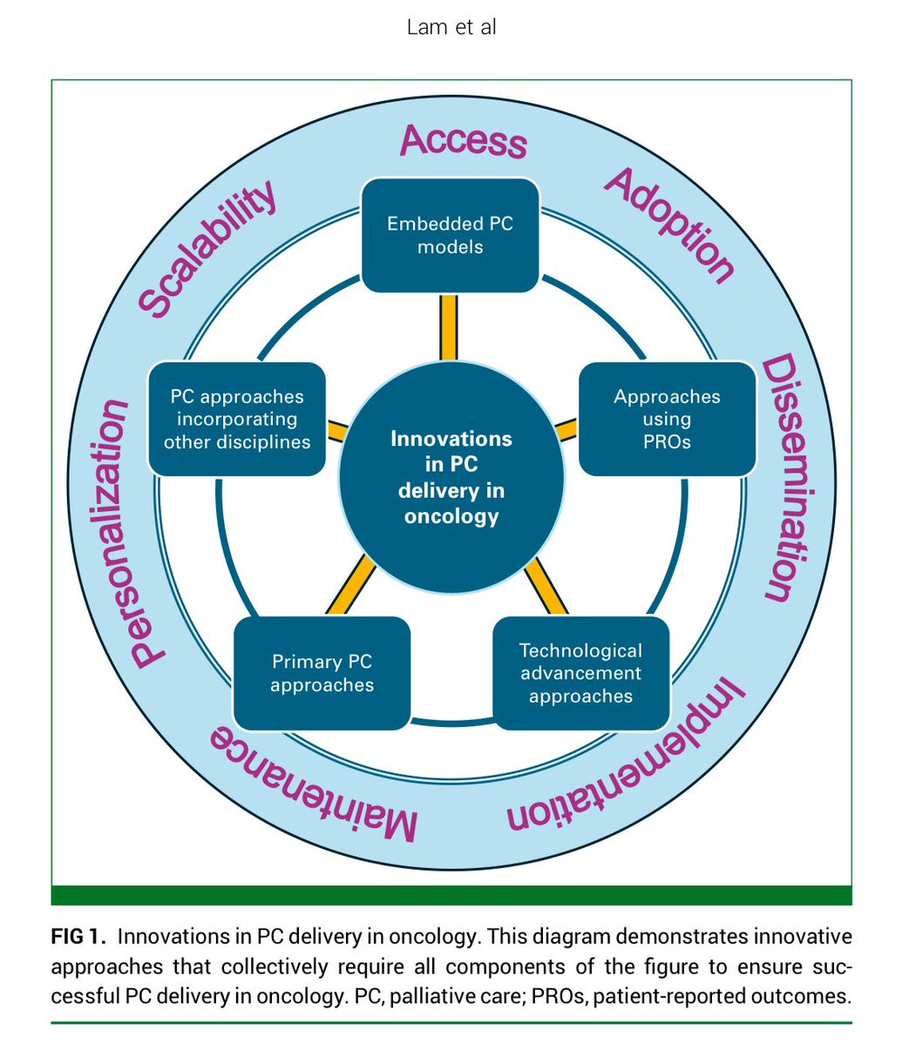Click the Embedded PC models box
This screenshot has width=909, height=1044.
tap(451, 235)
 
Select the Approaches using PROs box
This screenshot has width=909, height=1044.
tap(667, 419)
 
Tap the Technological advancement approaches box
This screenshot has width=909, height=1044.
tap(580, 673)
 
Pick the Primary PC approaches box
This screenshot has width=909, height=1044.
tap(322, 673)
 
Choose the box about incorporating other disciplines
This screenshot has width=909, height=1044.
tap(237, 419)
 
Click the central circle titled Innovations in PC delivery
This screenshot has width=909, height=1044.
tap(451, 477)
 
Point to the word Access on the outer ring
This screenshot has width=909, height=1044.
tap(464, 140)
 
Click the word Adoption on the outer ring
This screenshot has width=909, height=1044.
tap(669, 226)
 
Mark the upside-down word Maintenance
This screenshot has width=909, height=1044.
tap(314, 784)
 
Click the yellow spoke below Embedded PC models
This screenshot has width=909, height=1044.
tap(449, 327)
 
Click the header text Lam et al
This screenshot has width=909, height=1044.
tap(451, 27)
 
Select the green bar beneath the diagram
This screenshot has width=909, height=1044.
tap(451, 895)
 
